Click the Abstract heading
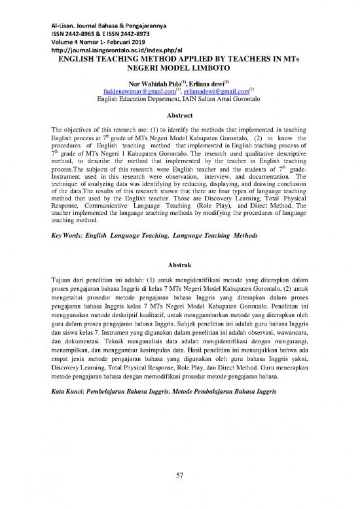point(179,113)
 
